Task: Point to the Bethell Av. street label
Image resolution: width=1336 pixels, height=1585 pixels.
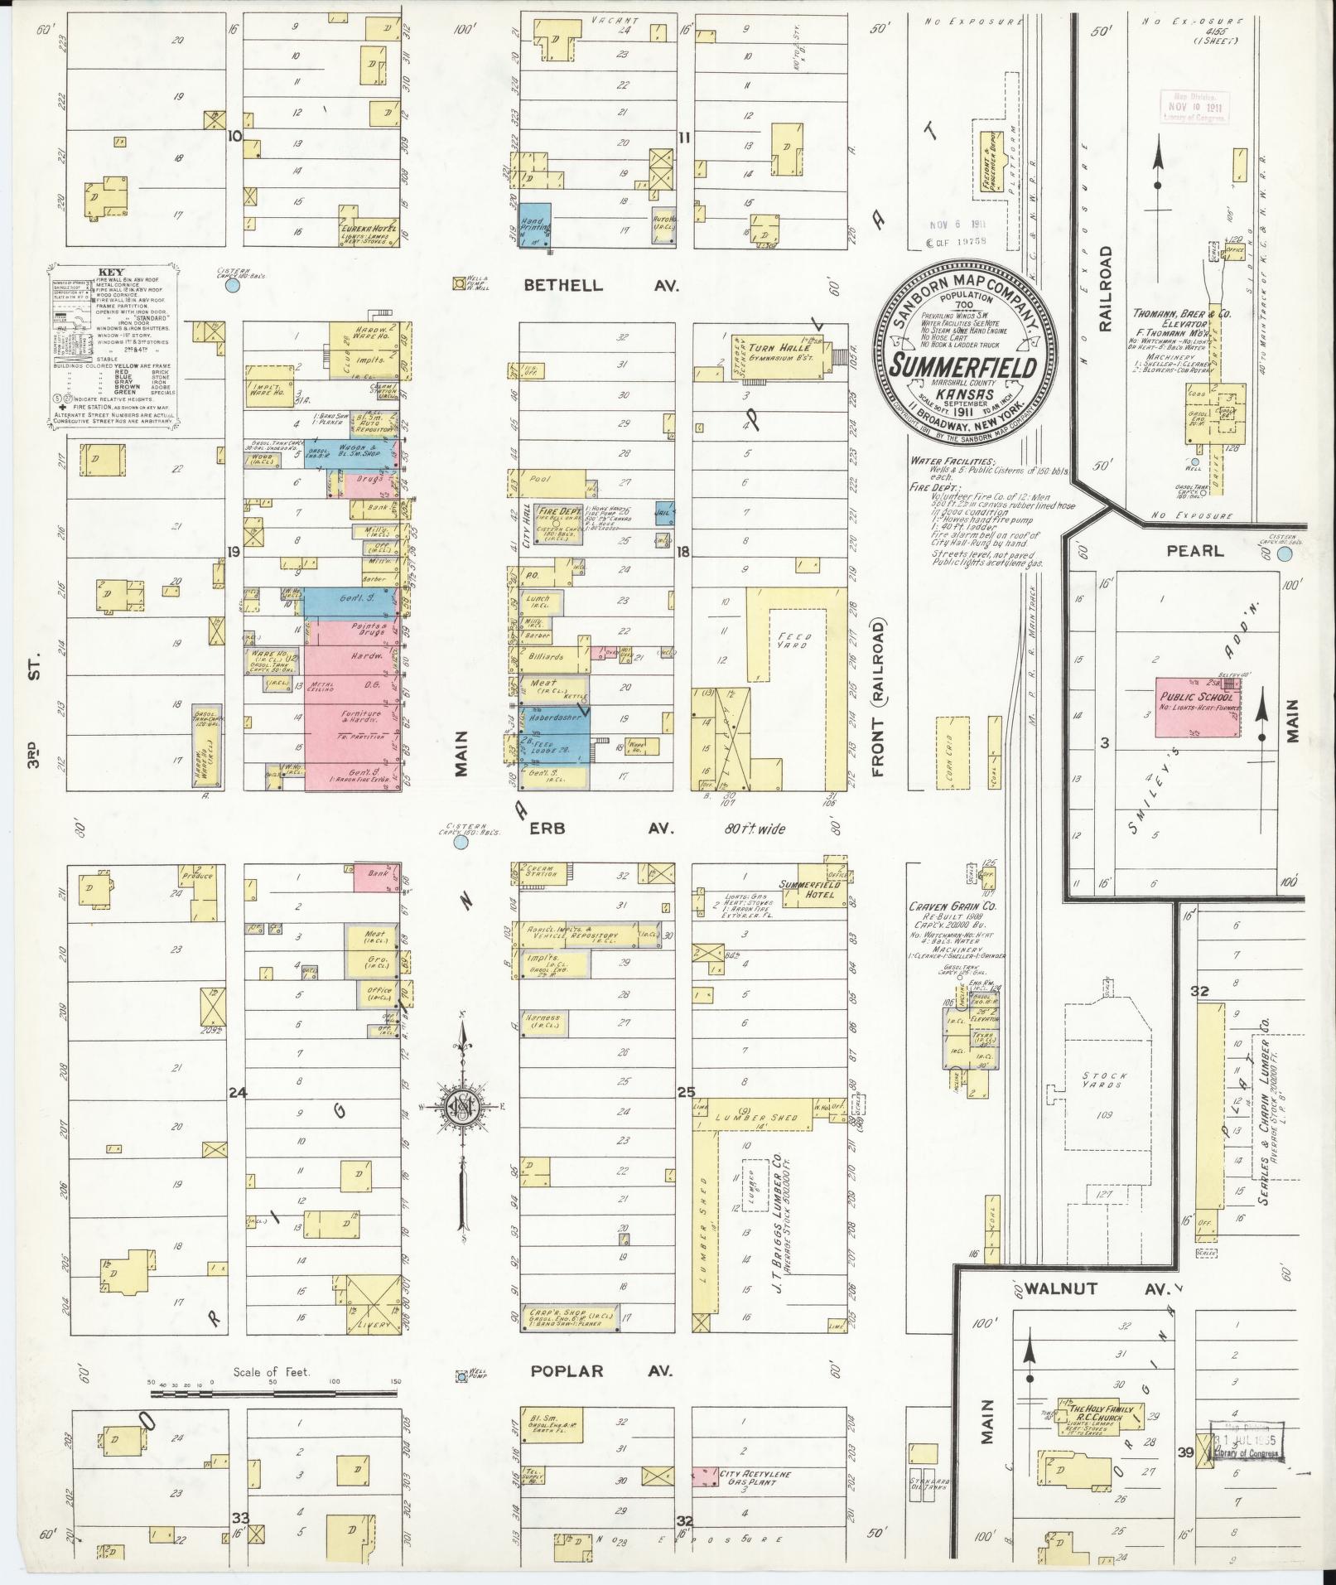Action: point(600,285)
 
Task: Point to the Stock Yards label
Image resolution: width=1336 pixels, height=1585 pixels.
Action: point(1102,1080)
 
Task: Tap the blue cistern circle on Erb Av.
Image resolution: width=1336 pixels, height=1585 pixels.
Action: point(461,843)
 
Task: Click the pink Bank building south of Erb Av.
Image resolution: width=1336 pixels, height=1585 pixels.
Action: point(372,877)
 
